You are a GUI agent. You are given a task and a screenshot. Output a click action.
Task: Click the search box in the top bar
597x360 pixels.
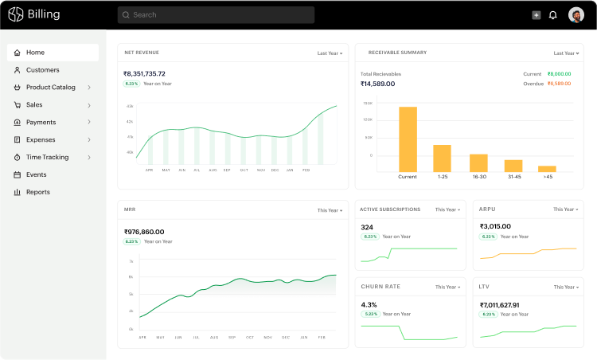[x=216, y=14]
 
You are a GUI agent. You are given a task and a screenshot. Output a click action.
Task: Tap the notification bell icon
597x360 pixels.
[x=553, y=15]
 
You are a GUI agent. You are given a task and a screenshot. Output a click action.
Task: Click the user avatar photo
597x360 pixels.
[x=576, y=14]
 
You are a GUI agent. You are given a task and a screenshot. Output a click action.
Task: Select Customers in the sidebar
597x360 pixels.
[x=42, y=70]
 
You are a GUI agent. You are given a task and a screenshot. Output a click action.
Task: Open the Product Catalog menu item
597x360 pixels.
[x=51, y=88]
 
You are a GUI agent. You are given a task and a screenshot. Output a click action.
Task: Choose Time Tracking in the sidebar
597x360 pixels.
[x=47, y=158]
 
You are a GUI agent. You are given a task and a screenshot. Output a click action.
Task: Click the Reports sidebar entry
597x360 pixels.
[x=37, y=192]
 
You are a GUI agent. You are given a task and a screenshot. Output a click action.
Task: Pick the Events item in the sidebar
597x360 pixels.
[x=36, y=174]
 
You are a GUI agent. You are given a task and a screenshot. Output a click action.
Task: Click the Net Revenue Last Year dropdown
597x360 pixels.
[x=330, y=53]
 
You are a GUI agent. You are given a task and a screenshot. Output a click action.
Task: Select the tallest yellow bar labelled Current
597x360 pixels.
[x=408, y=139]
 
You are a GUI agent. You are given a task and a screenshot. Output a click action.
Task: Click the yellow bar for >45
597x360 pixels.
[x=547, y=168]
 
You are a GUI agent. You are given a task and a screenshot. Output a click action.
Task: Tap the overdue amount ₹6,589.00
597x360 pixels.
[x=559, y=84]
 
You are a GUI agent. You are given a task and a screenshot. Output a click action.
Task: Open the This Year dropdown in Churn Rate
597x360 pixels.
[x=448, y=287]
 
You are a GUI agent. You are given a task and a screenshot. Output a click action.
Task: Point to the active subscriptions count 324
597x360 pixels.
[x=367, y=227]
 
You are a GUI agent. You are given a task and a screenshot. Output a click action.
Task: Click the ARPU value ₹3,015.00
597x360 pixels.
[x=500, y=226]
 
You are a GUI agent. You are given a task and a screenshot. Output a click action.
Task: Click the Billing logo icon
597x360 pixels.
[x=16, y=14]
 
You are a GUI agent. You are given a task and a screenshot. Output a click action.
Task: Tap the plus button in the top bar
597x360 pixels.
[x=536, y=15]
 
